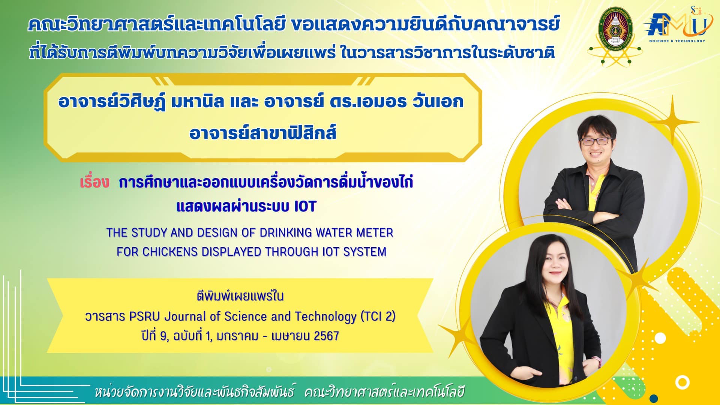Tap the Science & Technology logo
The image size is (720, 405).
click(675, 25)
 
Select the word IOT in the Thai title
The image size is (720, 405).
click(305, 206)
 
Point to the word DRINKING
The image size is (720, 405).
click(286, 232)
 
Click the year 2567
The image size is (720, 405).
click(326, 336)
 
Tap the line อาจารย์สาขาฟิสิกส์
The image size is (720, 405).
click(263, 133)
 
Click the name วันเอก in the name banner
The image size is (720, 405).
click(437, 102)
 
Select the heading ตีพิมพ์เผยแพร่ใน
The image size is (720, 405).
click(240, 296)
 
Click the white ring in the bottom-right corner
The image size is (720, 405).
click(682, 383)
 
